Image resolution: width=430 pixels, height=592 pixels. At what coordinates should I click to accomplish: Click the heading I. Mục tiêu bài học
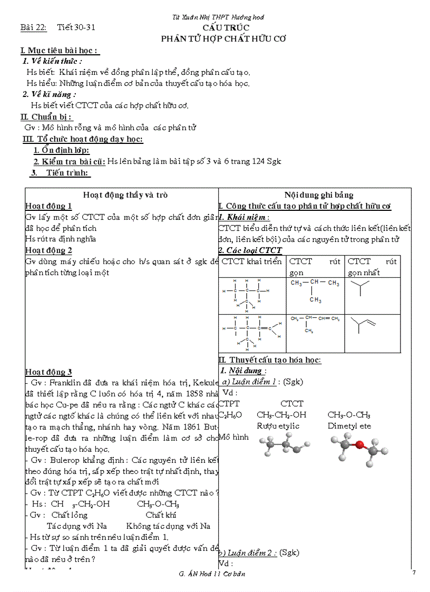click(60, 51)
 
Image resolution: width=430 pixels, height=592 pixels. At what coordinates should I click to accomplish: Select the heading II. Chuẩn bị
click(46, 117)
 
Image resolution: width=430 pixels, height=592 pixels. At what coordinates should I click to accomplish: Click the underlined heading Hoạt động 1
click(48, 206)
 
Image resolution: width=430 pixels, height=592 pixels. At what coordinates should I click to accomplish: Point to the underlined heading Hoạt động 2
click(48, 250)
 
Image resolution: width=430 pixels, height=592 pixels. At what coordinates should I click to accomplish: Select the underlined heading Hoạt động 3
click(48, 372)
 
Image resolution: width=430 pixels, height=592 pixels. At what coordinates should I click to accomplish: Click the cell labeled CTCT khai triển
click(252, 261)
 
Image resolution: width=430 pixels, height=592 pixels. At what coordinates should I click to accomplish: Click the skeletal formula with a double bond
click(364, 325)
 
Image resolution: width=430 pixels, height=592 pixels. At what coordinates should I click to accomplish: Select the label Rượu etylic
click(278, 426)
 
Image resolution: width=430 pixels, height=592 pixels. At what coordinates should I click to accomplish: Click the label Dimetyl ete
click(349, 426)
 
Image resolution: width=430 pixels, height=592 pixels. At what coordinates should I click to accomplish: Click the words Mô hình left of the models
click(233, 437)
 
